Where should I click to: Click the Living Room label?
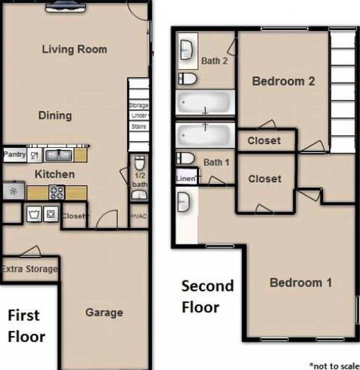point(74,49)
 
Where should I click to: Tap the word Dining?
point(55,116)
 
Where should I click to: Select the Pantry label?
point(14,155)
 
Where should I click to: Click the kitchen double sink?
point(58,155)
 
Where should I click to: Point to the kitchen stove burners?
point(57,193)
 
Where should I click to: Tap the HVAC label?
point(139,216)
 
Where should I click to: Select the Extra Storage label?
point(29,269)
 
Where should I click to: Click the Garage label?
point(104,313)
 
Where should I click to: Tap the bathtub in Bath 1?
point(205,135)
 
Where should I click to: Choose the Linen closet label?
point(186,179)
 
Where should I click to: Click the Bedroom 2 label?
point(283,81)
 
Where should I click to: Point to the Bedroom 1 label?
point(301,282)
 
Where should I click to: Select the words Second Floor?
point(208,296)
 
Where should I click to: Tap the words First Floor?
point(27,326)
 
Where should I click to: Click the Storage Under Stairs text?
point(139,116)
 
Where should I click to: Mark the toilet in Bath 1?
point(186,158)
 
